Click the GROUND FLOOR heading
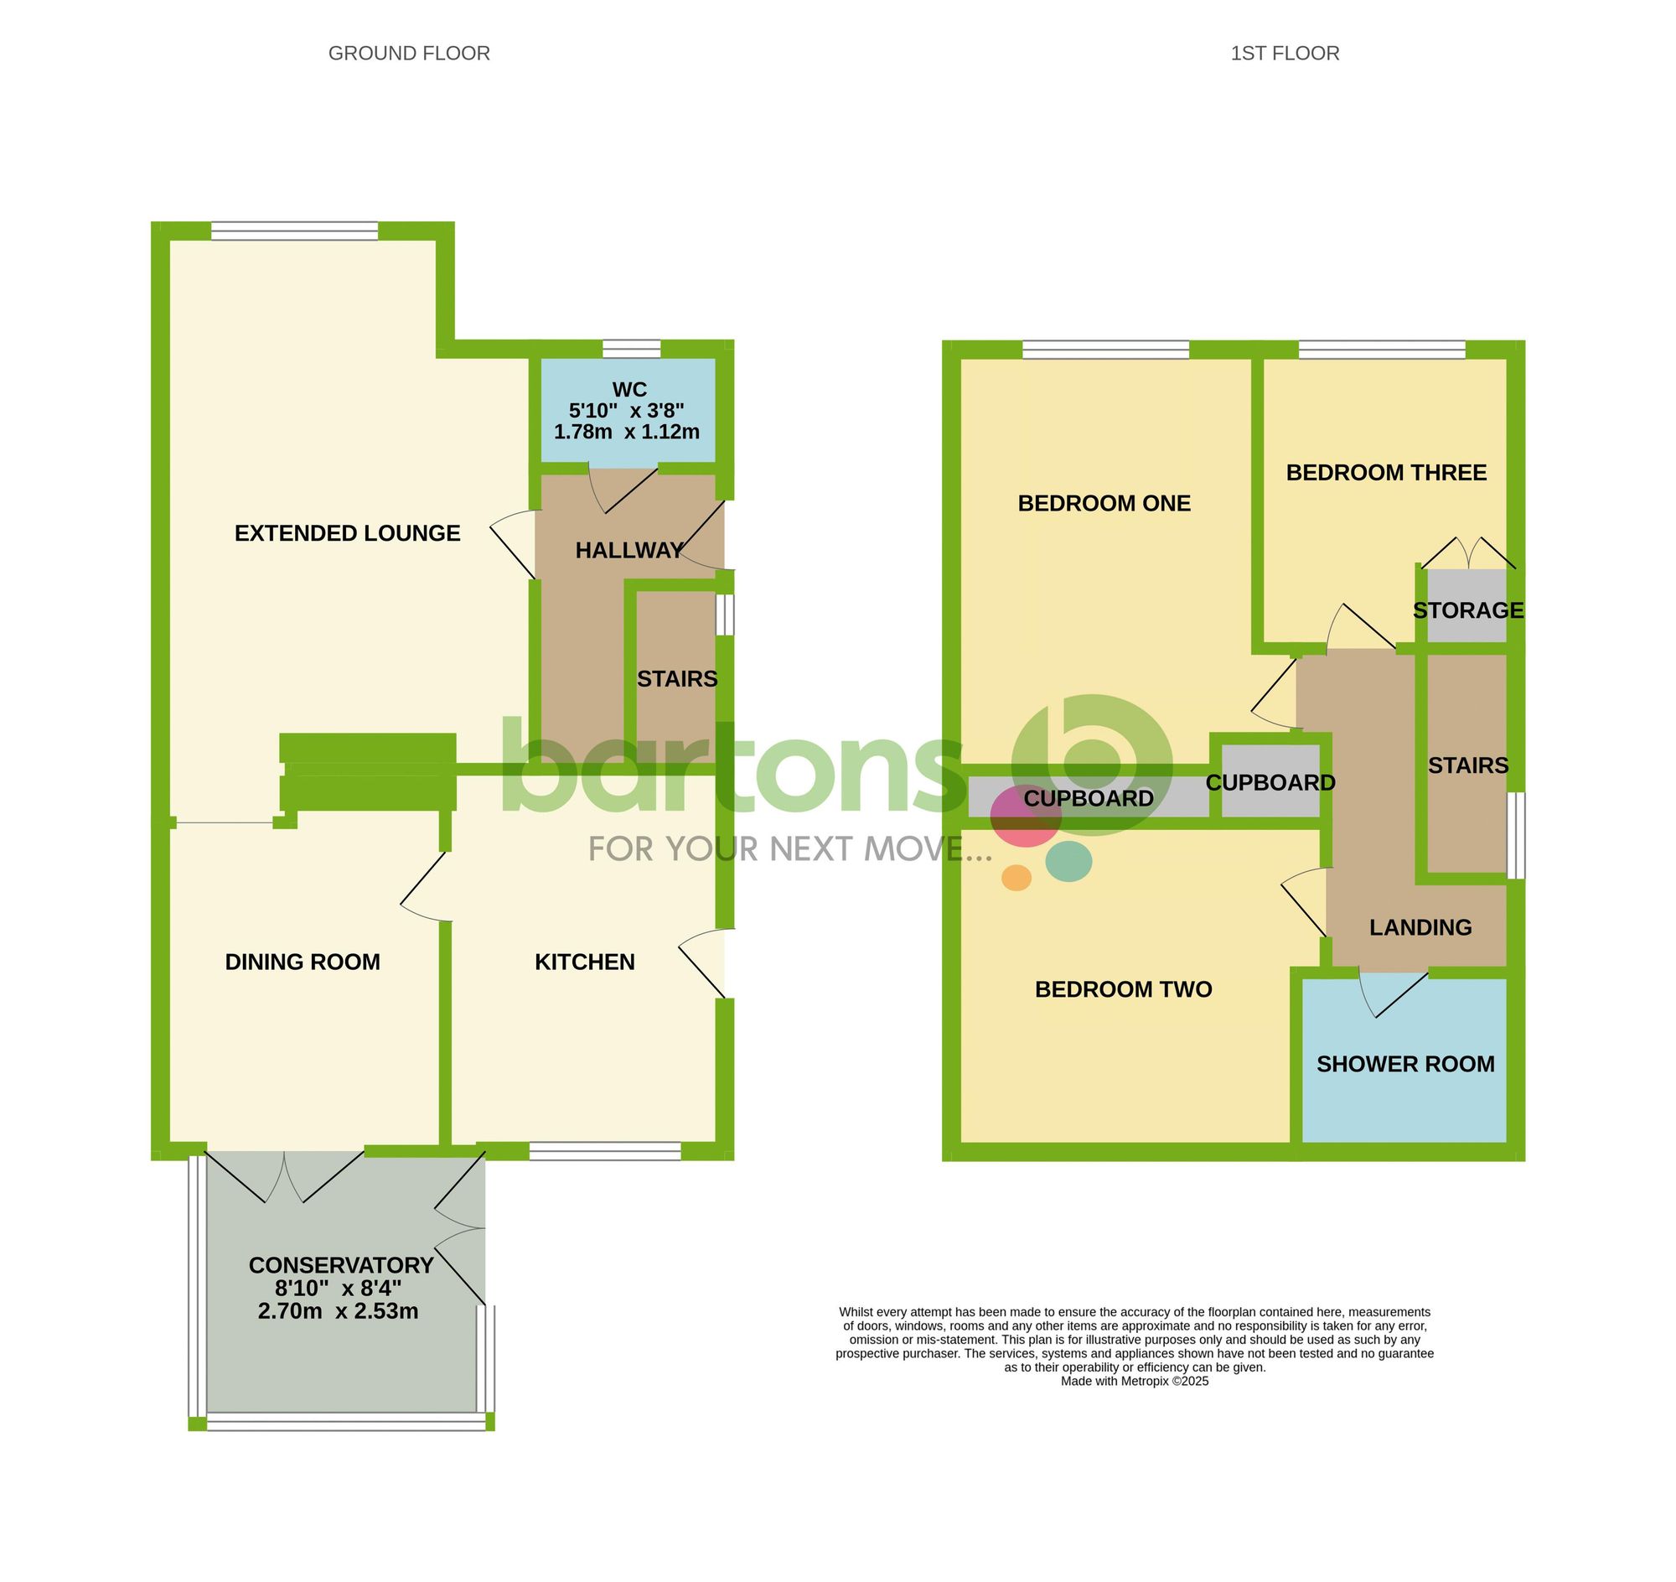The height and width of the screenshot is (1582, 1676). [x=409, y=54]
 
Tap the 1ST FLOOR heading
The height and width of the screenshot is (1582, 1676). [x=1284, y=54]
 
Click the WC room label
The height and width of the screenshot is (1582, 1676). [x=629, y=390]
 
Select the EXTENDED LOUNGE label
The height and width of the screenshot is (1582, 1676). [x=347, y=533]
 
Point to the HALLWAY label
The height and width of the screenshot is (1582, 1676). [x=629, y=551]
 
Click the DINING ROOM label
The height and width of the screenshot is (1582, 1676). [x=303, y=962]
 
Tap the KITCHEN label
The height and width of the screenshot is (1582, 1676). [x=584, y=962]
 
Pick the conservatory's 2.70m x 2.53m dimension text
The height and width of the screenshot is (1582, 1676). [x=338, y=1311]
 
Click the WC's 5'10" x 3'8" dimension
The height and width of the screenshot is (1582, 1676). [x=626, y=411]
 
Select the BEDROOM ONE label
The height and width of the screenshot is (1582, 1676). [x=1104, y=504]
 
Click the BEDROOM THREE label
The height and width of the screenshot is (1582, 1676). [x=1386, y=473]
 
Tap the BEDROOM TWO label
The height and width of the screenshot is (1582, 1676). [x=1123, y=989]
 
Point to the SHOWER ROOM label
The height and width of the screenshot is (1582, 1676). [x=1405, y=1064]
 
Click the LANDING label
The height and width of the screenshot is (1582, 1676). [x=1420, y=927]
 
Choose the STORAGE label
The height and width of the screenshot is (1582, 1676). [x=1468, y=610]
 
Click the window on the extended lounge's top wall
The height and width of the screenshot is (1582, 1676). [x=294, y=231]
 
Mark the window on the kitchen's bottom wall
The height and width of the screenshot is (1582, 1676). [x=604, y=1151]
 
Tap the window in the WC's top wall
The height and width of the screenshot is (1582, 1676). [x=632, y=349]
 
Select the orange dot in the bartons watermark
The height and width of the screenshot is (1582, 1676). [x=1016, y=877]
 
